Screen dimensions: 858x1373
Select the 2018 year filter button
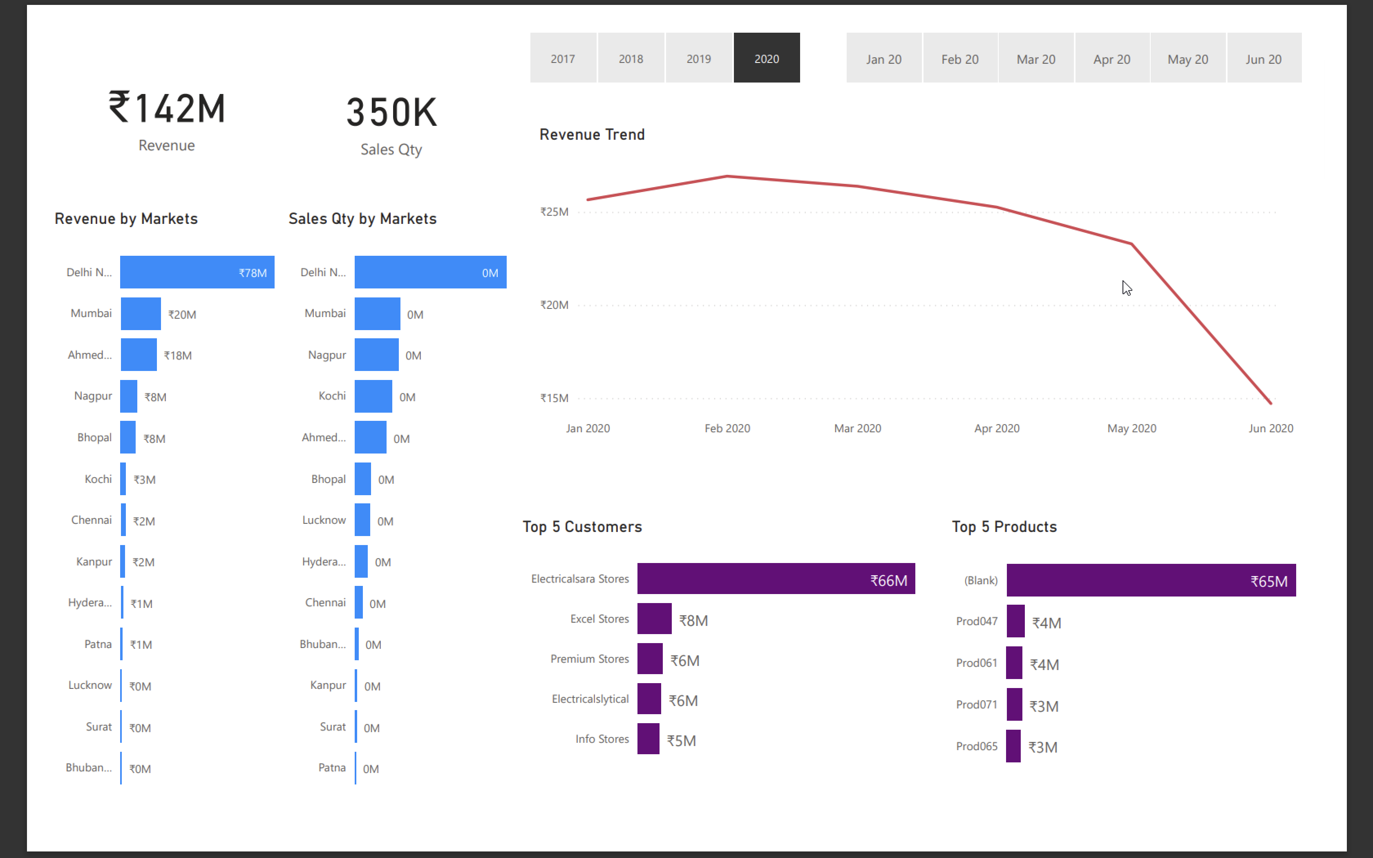(631, 58)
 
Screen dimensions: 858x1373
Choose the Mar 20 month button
(1035, 58)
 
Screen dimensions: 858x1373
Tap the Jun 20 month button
(1263, 58)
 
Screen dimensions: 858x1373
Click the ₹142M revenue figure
(167, 108)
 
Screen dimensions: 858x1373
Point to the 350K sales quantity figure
(391, 112)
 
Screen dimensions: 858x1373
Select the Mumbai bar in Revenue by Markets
(141, 313)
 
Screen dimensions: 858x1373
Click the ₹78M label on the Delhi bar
(253, 273)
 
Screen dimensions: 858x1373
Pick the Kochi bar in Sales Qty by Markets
(373, 396)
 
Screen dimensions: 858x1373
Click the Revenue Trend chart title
(592, 134)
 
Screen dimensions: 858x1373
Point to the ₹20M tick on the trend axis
(554, 305)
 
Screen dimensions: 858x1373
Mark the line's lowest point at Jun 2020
(1270, 403)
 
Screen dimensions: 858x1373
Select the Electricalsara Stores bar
(775, 579)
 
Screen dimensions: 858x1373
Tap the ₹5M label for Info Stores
(681, 740)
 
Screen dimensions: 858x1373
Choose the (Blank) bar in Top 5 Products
(1151, 580)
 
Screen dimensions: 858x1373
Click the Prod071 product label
(976, 705)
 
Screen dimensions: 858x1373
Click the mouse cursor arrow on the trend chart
(1126, 288)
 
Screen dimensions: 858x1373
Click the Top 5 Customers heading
(582, 527)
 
